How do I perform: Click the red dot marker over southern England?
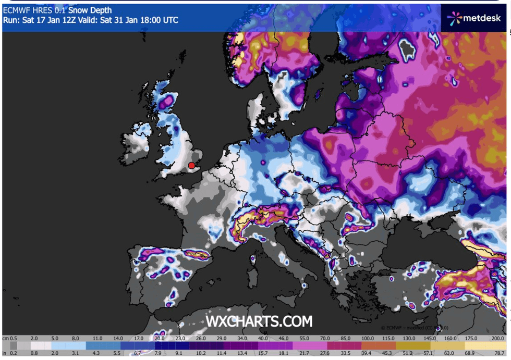click(x=191, y=166)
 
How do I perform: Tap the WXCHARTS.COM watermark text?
click(x=259, y=321)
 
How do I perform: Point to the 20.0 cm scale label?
click(x=160, y=338)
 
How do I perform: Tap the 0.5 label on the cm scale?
click(x=14, y=338)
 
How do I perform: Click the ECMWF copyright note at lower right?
click(x=414, y=328)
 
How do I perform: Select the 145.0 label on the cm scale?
click(x=432, y=338)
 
